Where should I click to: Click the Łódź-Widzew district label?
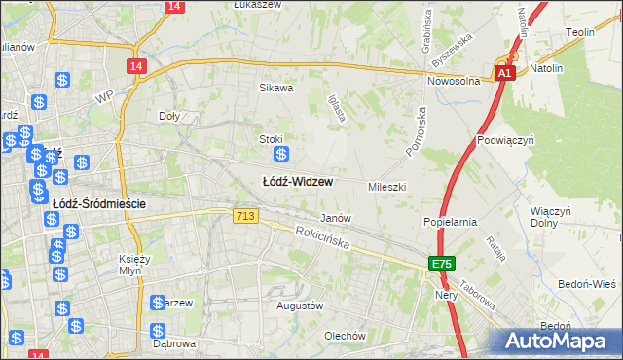pos(298,182)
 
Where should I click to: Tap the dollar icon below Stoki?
pos(281,155)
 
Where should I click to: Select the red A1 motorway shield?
pos(503,73)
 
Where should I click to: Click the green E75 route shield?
pos(442,265)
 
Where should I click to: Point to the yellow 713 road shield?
pos(245,216)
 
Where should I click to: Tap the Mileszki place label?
pos(386,186)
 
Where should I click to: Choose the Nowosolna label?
pos(458,83)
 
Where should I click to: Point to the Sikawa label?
pos(275,88)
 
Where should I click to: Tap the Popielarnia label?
pos(450,222)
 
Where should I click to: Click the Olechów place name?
pos(345,336)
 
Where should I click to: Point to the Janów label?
pos(336,218)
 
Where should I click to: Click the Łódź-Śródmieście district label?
pos(98,204)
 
